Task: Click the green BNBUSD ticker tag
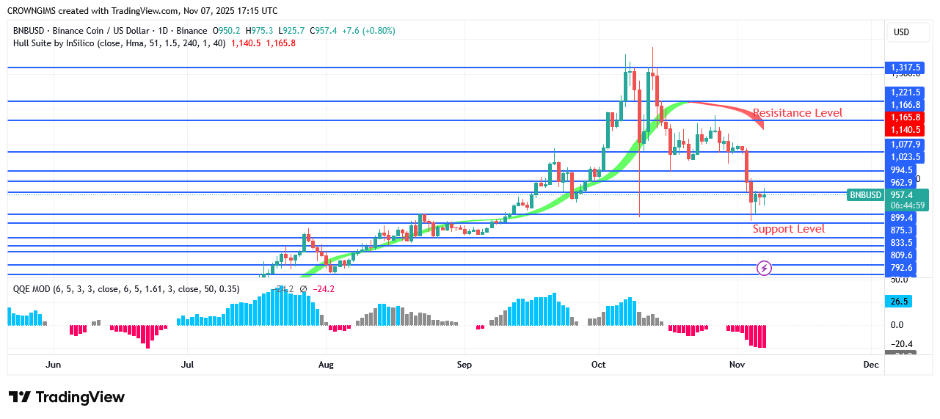coord(865,195)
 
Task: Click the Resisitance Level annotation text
coord(798,113)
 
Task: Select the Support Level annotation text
coord(788,229)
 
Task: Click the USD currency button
coord(900,32)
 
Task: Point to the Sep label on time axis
coord(464,364)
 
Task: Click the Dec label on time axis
coord(871,364)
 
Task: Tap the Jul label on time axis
coord(188,364)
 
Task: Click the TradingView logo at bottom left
coord(67,397)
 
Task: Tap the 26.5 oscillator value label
coord(900,301)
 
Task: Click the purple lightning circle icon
coord(764,269)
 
